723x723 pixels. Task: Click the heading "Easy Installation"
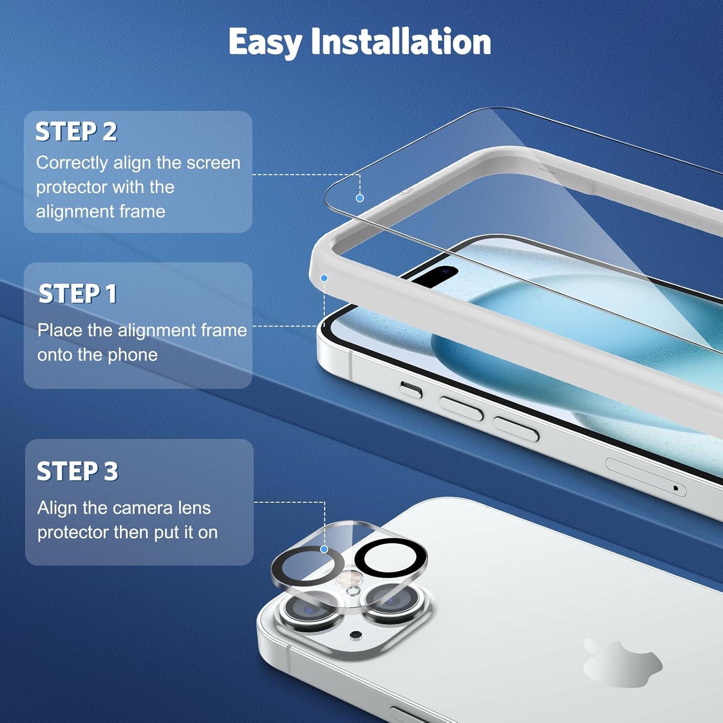coord(360,42)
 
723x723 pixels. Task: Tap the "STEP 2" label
coord(76,132)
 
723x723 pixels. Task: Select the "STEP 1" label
coord(78,294)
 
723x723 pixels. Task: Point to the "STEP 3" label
coord(78,471)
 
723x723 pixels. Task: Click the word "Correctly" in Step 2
coord(72,163)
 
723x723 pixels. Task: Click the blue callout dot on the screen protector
coord(360,198)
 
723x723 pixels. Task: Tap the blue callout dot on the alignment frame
coord(324,278)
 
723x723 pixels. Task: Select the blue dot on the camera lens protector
coord(324,549)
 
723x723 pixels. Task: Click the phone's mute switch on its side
coord(411,389)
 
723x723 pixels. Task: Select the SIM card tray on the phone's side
coord(645,477)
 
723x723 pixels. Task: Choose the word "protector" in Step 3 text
coord(73,533)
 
